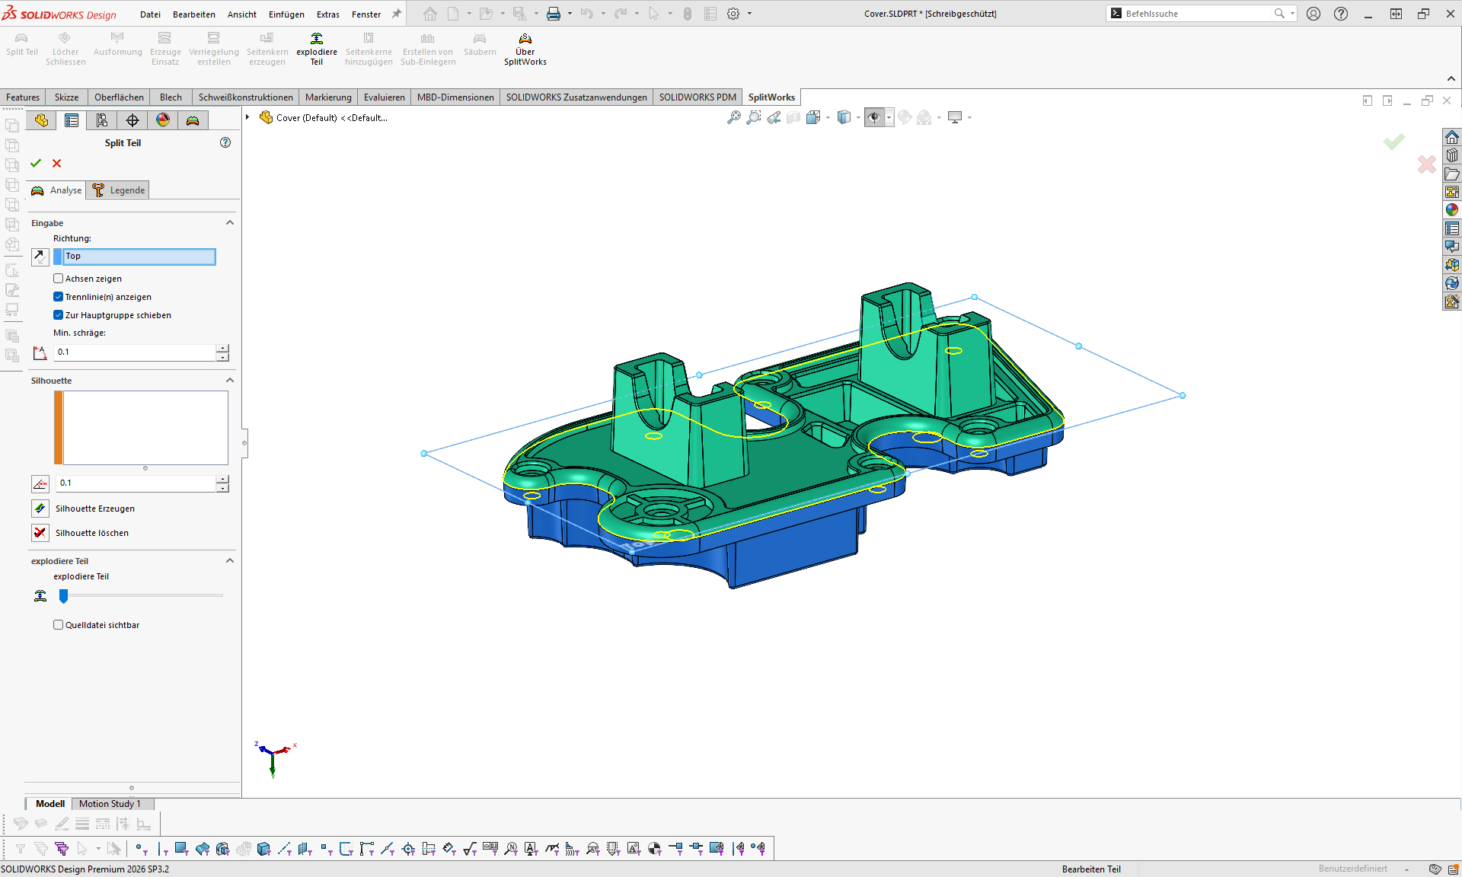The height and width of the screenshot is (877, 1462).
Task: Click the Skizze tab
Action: click(66, 97)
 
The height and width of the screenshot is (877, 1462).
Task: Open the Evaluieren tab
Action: click(384, 97)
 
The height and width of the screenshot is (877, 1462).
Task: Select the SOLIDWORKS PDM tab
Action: click(697, 97)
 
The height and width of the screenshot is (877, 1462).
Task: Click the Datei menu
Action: click(150, 14)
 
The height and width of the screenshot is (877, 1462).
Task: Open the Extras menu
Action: click(328, 14)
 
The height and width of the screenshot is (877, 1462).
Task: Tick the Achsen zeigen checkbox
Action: click(59, 279)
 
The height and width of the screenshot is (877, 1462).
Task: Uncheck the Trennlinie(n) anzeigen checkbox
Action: click(59, 297)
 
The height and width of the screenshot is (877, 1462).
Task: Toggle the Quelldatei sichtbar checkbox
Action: click(59, 625)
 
